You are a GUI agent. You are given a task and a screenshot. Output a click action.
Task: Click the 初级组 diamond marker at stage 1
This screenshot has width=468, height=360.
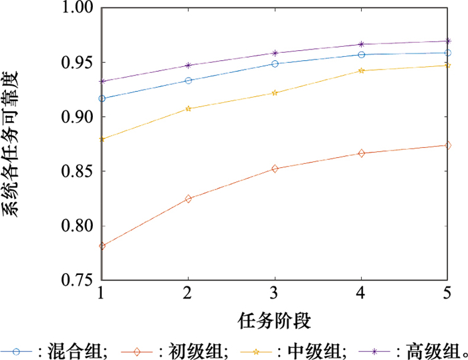coord(102,246)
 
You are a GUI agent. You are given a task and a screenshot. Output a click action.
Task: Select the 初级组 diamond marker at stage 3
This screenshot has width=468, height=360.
coord(275,169)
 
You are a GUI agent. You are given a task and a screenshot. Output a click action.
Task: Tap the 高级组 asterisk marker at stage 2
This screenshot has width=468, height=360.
coord(188,66)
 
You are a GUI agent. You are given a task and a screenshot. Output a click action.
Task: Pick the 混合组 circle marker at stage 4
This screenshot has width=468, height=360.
coord(361,54)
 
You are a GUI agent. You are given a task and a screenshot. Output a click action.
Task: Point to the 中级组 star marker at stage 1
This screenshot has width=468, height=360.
coord(102,139)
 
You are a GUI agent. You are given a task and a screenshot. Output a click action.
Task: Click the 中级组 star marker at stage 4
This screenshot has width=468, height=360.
coord(361,70)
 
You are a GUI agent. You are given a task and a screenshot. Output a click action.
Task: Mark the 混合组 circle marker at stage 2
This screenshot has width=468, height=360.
coord(188,80)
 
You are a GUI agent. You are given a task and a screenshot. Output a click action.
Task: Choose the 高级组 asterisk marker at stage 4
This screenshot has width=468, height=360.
coord(361,44)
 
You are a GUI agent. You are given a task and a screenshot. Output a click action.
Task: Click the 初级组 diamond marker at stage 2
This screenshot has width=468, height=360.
coord(188,199)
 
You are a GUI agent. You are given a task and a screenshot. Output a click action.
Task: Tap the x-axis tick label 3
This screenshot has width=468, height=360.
coord(275,294)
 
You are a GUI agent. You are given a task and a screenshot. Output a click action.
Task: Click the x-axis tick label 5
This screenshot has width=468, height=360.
coord(447,294)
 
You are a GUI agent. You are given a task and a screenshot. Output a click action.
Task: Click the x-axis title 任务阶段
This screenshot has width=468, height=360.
coord(274,321)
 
